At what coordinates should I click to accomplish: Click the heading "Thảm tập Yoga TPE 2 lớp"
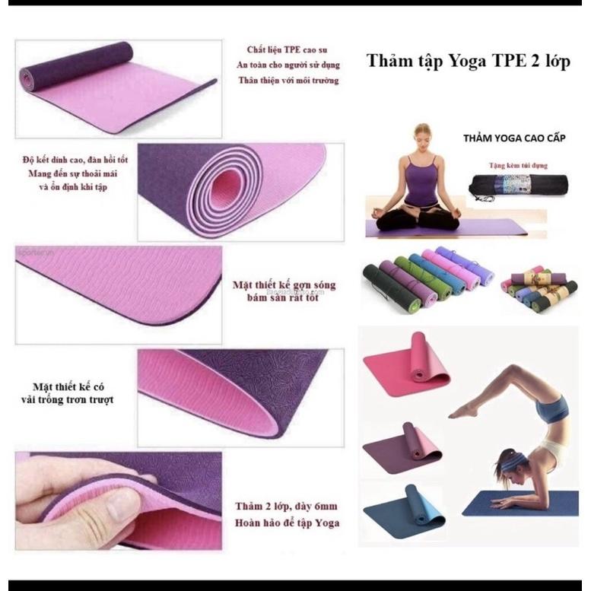click(x=469, y=61)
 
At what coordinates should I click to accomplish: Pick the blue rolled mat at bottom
click(x=403, y=512)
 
